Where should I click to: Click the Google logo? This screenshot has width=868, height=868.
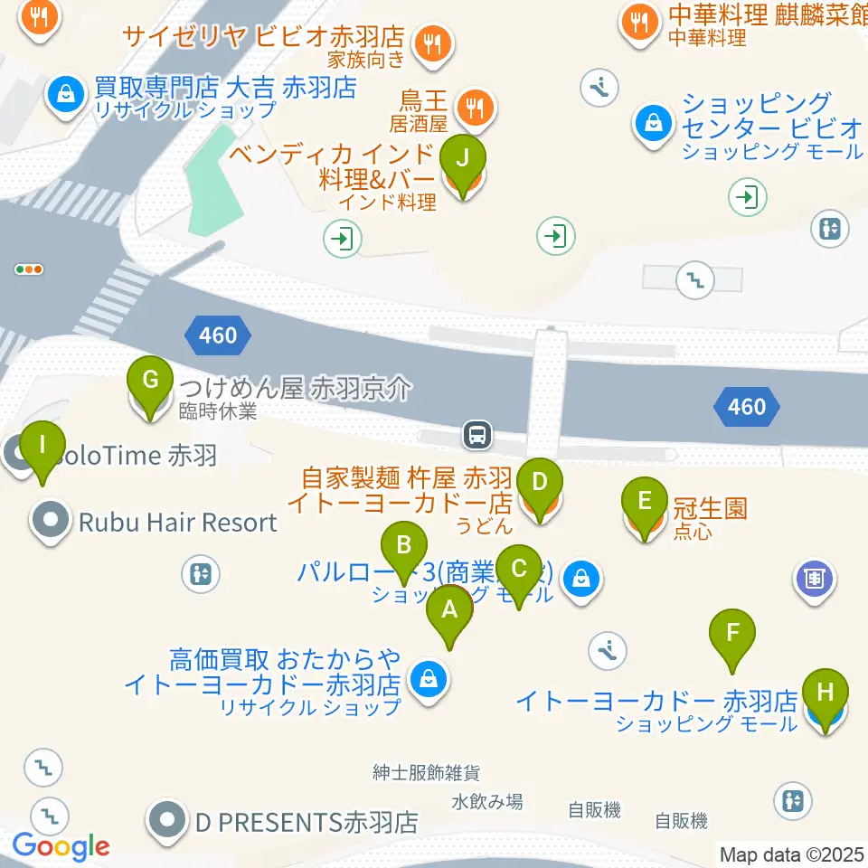coord(61,847)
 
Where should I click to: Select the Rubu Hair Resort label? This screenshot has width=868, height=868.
coord(177,522)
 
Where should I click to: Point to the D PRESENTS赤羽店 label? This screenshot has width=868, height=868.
coord(307,823)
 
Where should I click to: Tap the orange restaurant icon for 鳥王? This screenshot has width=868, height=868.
coord(472,109)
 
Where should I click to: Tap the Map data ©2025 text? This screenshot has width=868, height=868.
coord(791,853)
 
